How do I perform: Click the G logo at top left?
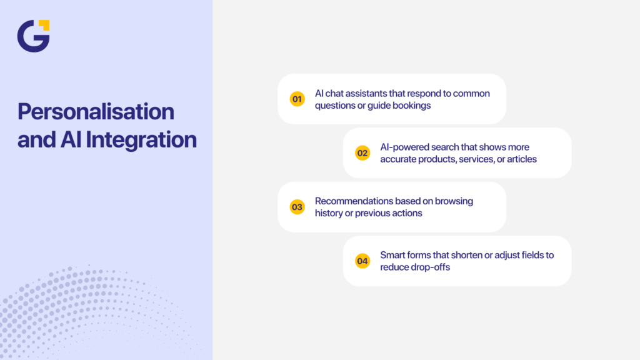(x=32, y=36)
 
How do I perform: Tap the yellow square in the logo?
(x=44, y=25)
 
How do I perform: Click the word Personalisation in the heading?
(x=96, y=112)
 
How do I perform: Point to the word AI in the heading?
(x=71, y=139)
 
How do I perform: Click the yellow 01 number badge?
(x=297, y=99)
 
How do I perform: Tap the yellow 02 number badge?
(x=362, y=153)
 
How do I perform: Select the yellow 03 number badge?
(x=297, y=207)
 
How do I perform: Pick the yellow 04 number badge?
(x=362, y=261)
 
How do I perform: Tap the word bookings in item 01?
(x=411, y=105)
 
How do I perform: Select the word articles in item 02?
(x=522, y=159)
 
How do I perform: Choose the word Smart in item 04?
(x=392, y=255)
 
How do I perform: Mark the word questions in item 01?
(x=335, y=105)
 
